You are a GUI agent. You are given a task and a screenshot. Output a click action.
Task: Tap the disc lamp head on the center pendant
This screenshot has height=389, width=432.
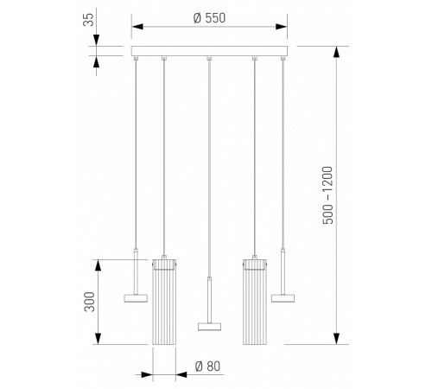210,326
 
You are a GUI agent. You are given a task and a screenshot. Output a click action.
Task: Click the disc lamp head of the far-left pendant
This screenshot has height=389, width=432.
136,297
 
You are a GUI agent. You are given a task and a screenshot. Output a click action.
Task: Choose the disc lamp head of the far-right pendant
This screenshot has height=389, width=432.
283,297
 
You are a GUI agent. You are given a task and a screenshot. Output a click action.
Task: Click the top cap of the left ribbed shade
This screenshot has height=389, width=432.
165,261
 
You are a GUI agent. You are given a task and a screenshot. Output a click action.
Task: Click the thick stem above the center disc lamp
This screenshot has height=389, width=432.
210,298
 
